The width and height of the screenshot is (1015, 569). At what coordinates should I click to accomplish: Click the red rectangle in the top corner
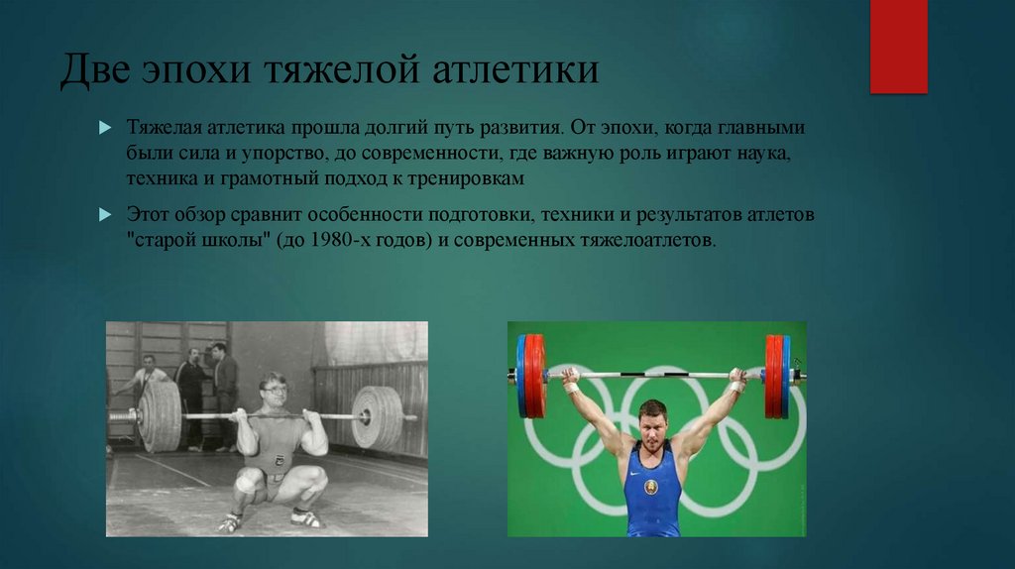click(898, 47)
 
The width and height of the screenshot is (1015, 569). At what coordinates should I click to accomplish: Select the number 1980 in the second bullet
click(341, 240)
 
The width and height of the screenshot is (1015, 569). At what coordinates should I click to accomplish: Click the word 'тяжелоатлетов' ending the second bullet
click(649, 240)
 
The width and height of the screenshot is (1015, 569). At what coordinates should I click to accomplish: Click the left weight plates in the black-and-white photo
click(160, 416)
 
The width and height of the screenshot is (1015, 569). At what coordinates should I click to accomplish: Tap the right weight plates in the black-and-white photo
click(377, 417)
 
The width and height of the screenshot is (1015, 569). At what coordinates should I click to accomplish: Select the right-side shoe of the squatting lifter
click(305, 517)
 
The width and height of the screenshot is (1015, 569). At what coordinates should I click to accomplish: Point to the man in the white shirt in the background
click(149, 377)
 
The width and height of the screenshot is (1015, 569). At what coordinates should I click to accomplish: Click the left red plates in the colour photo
click(532, 375)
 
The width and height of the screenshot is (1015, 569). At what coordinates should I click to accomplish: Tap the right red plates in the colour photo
click(775, 375)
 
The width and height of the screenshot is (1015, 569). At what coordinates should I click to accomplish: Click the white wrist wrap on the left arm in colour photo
click(572, 387)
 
